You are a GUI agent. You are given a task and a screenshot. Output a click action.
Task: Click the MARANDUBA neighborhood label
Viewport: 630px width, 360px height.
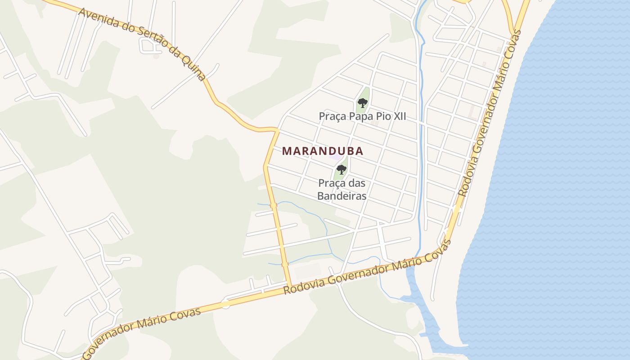click(x=323, y=151)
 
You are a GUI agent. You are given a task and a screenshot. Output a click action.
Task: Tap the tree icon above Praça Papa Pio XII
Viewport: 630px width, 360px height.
click(x=362, y=103)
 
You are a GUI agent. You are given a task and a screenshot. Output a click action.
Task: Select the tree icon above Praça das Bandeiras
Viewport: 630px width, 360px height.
click(x=341, y=170)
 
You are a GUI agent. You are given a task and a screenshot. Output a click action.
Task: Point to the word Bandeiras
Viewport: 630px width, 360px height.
click(x=342, y=196)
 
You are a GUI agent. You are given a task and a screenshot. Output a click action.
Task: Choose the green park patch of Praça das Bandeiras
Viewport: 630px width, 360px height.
click(x=341, y=168)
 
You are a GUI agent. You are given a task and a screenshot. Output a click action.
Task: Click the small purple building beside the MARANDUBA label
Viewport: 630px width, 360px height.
click(x=335, y=157)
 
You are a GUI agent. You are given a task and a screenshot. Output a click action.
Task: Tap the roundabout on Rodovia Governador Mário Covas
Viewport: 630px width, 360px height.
click(x=225, y=304)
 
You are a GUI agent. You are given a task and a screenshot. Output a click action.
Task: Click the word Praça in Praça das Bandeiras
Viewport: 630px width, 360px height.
click(x=331, y=183)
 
